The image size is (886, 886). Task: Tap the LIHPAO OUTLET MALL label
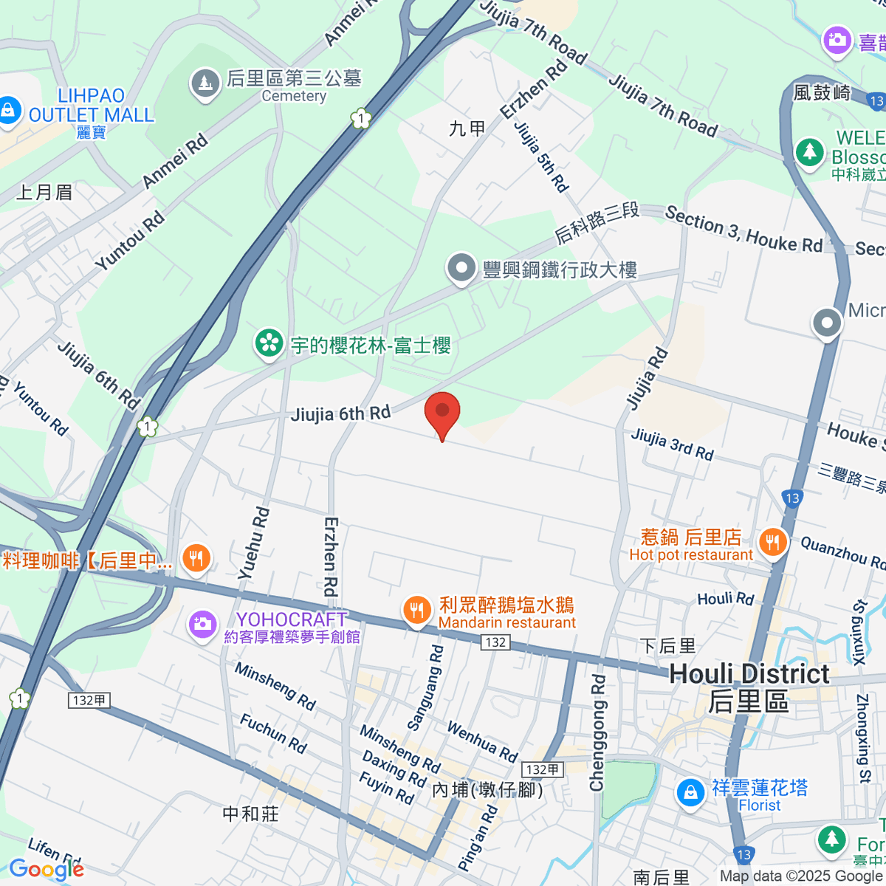pyautogui.click(x=91, y=106)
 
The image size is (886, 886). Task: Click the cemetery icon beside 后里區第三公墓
pyautogui.click(x=205, y=83)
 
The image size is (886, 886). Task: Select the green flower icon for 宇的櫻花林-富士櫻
pyautogui.click(x=269, y=343)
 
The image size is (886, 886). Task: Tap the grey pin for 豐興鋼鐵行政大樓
pyautogui.click(x=461, y=269)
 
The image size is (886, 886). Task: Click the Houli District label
pyautogui.click(x=749, y=674)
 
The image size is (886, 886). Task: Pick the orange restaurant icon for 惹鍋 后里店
pyautogui.click(x=772, y=543)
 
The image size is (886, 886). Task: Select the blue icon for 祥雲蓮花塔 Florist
pyautogui.click(x=690, y=793)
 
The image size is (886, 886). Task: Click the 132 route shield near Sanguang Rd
pyautogui.click(x=495, y=642)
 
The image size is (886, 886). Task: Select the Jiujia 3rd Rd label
pyautogui.click(x=672, y=444)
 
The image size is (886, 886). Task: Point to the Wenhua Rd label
pyautogui.click(x=482, y=741)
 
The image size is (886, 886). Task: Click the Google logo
pyautogui.click(x=47, y=870)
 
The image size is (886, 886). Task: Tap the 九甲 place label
pyautogui.click(x=467, y=129)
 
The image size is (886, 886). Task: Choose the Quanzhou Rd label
pyautogui.click(x=842, y=552)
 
